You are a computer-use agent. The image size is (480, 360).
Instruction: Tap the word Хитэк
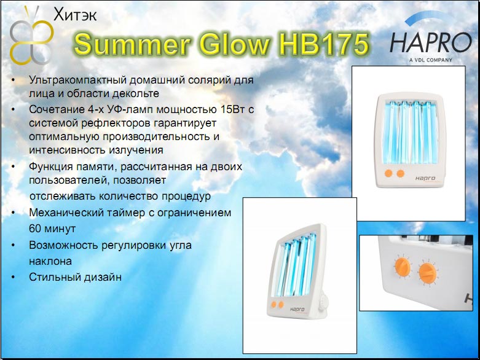coord(75,15)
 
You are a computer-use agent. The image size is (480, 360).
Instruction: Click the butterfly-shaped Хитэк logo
coord(31,36)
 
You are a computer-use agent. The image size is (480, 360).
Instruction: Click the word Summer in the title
coord(132,44)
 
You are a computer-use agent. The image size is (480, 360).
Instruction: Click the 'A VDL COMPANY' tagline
coord(431,60)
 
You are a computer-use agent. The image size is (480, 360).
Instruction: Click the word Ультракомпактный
coord(78,80)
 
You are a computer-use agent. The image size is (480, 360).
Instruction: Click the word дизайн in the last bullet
coord(101,277)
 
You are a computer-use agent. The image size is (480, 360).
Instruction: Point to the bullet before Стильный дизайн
coord(13,277)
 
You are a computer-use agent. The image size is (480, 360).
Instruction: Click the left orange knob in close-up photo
coord(401,267)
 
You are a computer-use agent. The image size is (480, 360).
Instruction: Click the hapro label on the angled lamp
coord(297,310)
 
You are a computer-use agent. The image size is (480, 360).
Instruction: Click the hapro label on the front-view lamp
coord(425,178)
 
